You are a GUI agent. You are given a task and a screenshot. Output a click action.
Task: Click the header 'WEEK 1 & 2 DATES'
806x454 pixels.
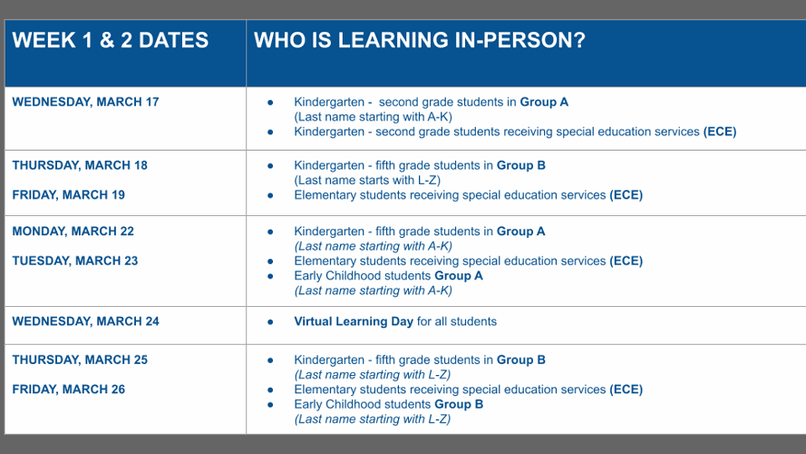111,41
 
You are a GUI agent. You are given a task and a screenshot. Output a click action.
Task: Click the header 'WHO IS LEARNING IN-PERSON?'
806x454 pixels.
419,41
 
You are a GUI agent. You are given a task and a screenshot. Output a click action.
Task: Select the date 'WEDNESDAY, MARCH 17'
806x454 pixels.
85,102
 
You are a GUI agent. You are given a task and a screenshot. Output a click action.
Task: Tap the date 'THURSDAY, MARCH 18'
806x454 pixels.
80,165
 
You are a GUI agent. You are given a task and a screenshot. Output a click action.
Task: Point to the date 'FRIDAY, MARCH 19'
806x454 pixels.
69,195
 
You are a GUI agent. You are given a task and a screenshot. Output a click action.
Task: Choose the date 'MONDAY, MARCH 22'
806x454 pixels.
75,232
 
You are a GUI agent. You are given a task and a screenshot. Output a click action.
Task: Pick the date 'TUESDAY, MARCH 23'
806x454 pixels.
75,262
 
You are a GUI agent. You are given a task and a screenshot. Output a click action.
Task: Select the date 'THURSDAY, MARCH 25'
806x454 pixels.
80,360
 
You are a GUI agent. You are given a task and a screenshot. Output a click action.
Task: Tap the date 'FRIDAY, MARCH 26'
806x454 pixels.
69,390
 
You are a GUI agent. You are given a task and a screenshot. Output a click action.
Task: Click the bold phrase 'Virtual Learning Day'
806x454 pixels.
354,321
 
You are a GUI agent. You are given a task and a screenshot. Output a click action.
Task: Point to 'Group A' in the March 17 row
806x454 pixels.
544,102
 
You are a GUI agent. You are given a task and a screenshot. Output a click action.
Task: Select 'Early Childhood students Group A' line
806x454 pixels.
388,276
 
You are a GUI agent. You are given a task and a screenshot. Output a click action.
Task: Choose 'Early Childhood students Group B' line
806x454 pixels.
388,404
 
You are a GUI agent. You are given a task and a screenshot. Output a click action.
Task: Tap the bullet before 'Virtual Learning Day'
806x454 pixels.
270,321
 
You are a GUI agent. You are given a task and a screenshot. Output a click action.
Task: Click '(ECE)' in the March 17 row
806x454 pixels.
720,132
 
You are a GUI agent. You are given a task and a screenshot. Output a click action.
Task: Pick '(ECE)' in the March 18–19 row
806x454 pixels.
626,195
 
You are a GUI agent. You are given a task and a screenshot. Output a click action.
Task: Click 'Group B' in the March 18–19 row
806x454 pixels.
520,165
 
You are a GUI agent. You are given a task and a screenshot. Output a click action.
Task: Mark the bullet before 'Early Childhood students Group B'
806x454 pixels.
270,404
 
